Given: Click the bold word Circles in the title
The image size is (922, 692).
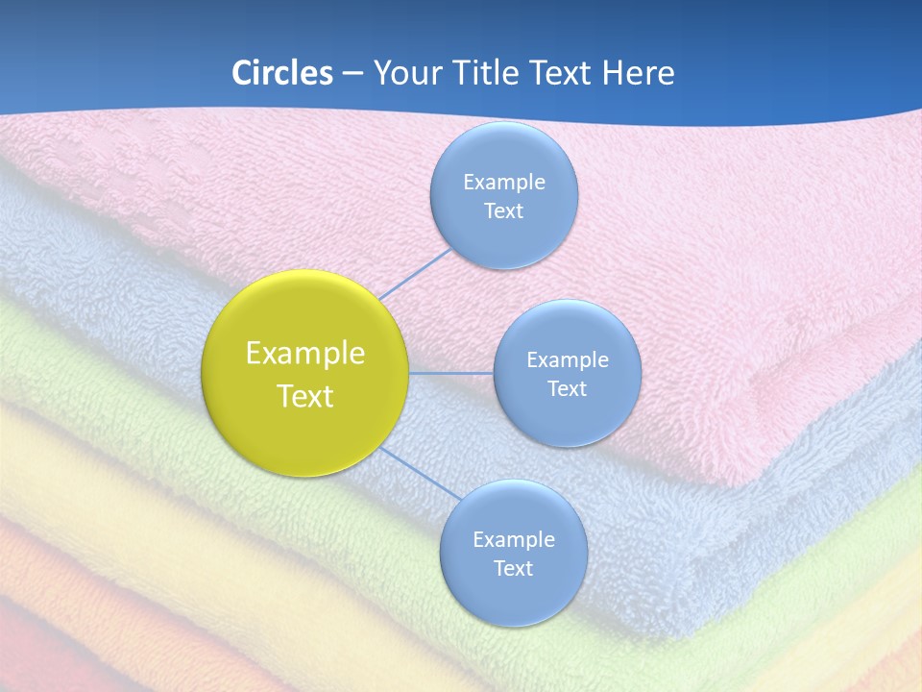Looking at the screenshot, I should click(x=281, y=73).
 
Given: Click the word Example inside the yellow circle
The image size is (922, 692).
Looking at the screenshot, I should click(x=305, y=354).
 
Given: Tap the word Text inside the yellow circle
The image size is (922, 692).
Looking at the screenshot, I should click(x=305, y=396).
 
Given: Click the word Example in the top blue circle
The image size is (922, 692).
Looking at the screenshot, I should click(x=504, y=182).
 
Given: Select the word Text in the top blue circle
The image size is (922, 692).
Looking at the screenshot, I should click(x=504, y=210).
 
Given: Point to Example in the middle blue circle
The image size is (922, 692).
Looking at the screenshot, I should click(x=568, y=359).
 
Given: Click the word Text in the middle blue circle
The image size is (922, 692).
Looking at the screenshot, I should click(x=568, y=388).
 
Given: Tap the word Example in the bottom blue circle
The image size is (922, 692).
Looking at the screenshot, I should click(x=513, y=539).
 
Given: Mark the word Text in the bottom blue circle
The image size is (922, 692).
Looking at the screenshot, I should click(x=513, y=568).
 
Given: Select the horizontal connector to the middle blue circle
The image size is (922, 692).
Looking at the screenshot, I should click(x=451, y=373).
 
